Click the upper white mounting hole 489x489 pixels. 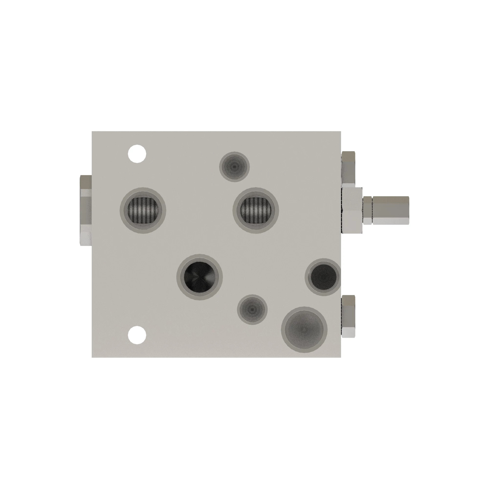[137, 154]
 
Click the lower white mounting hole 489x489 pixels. [137, 335]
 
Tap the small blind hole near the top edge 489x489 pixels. [234, 167]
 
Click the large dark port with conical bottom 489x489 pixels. [200, 278]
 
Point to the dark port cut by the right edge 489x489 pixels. [323, 277]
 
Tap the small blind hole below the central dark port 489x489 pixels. [252, 309]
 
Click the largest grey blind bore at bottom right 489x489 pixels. [304, 329]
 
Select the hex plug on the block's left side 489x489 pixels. [86, 210]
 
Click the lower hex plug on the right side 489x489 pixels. [348, 316]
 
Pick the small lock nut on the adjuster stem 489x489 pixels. [367, 210]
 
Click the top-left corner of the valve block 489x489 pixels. [92, 132]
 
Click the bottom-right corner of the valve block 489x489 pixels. [340, 357]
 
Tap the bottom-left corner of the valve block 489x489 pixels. [92, 357]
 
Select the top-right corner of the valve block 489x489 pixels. [340, 132]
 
